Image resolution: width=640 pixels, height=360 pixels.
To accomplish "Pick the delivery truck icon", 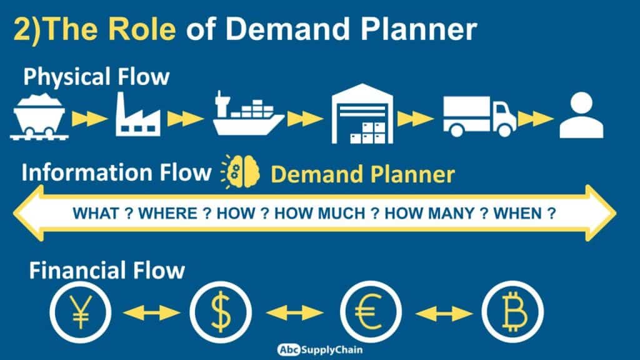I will [479, 116].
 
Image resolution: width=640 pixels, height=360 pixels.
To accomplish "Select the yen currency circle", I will [81, 311].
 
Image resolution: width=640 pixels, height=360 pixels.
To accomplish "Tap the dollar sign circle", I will [220, 311].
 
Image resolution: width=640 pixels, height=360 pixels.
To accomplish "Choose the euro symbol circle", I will [371, 311].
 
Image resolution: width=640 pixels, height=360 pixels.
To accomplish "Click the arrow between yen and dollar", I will [151, 311].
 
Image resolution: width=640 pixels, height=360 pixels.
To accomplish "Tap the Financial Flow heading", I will [107, 271].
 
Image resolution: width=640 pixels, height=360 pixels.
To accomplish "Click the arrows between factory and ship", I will [185, 118].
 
